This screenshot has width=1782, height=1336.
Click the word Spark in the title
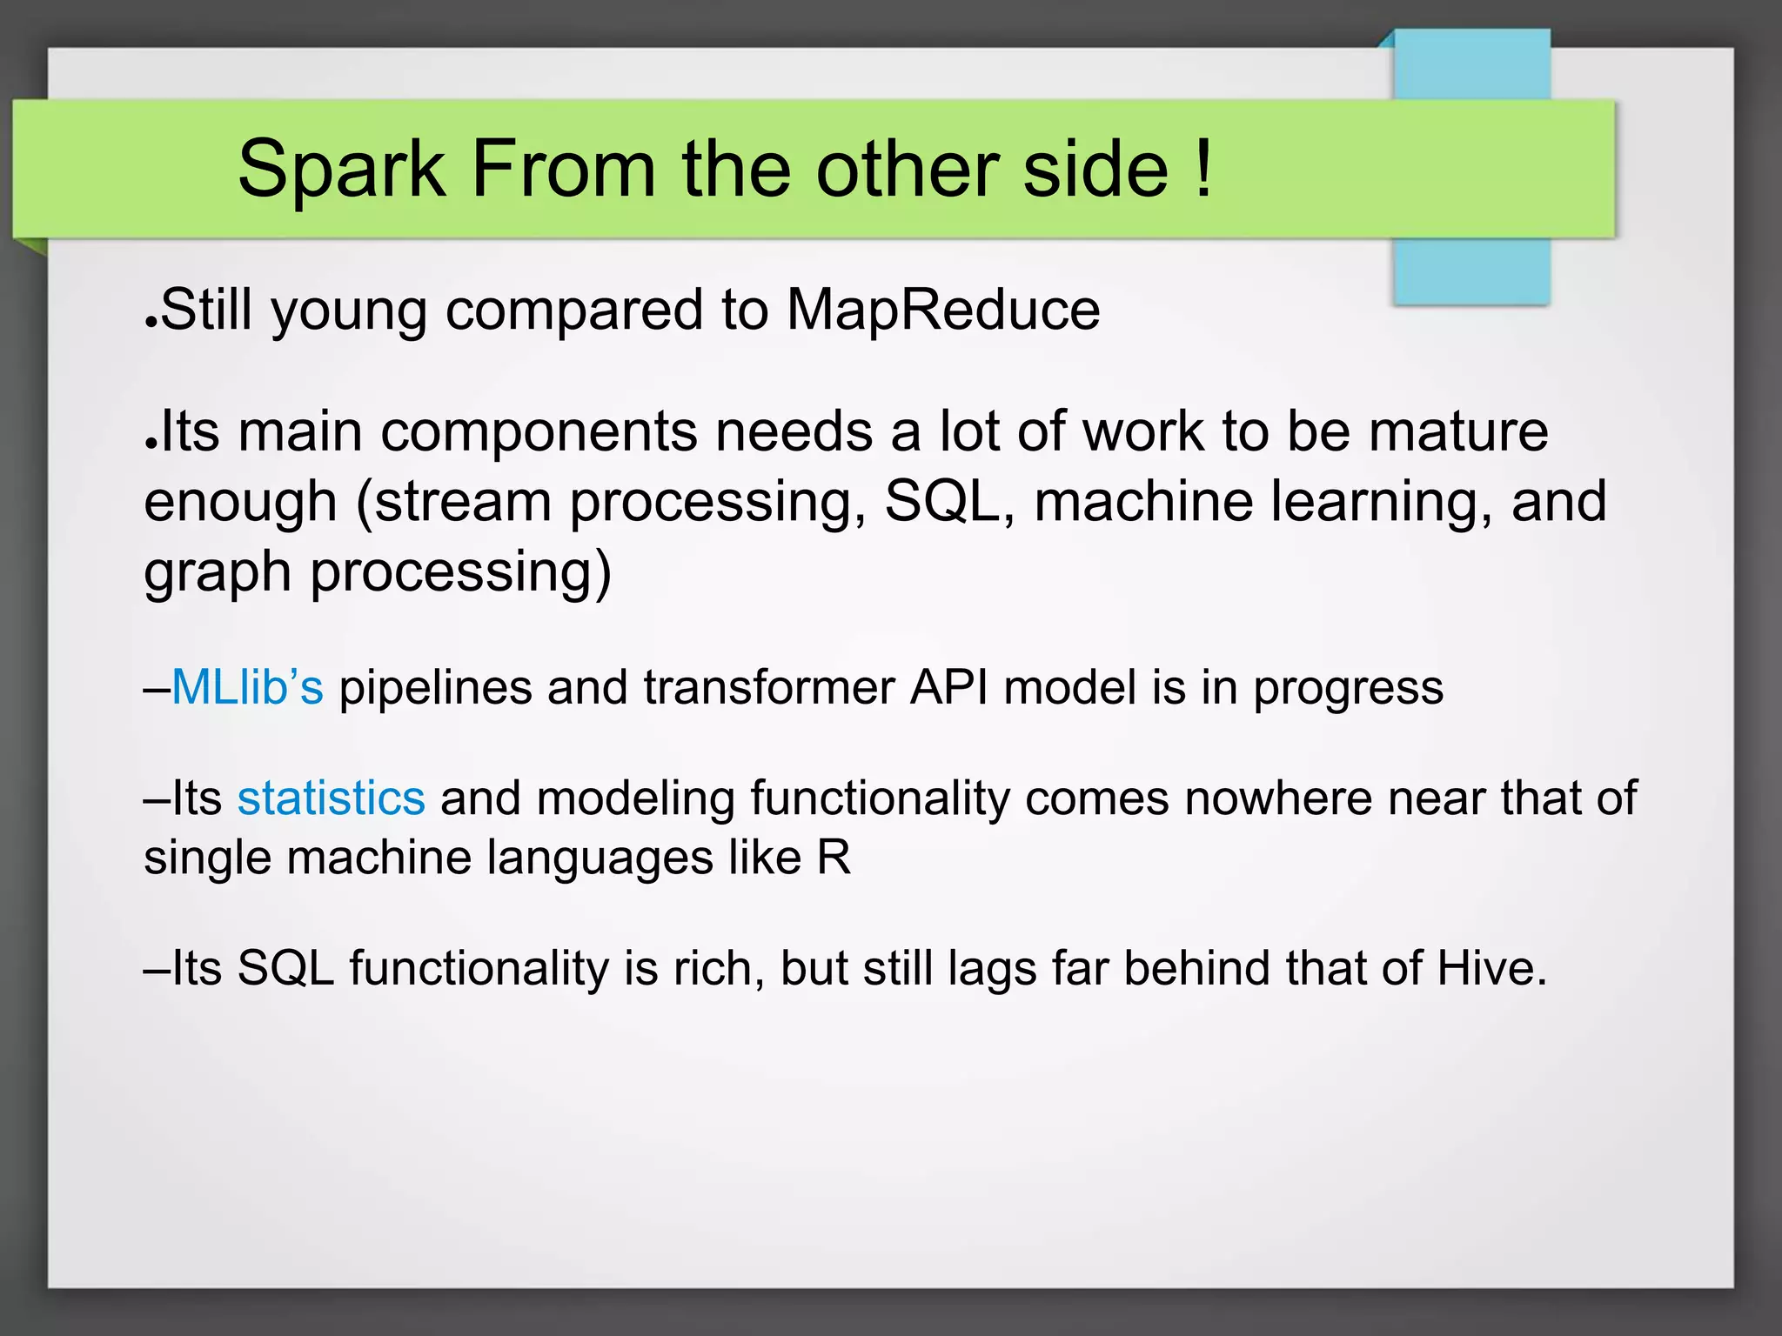[x=341, y=170]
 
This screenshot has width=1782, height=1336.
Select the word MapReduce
[x=943, y=310]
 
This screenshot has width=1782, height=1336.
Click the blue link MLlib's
[x=247, y=687]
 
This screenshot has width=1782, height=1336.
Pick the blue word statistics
[x=331, y=798]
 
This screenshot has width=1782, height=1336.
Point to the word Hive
[x=1491, y=968]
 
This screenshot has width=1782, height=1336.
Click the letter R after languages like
[x=834, y=858]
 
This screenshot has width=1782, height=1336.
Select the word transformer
[x=769, y=687]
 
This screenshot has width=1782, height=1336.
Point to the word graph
[x=218, y=574]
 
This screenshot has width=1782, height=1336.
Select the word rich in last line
[x=718, y=968]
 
